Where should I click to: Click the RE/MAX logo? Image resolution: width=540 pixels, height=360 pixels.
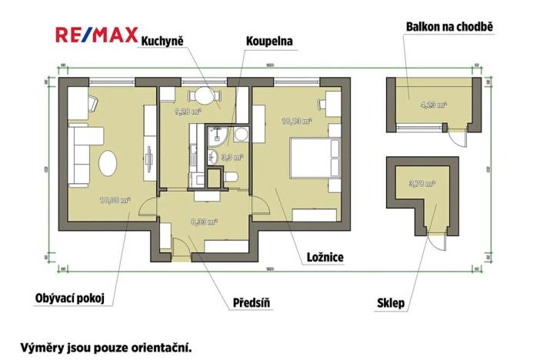click(96, 35)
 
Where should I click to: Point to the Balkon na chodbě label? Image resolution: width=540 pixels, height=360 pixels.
click(448, 27)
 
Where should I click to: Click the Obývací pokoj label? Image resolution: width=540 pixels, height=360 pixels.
click(69, 298)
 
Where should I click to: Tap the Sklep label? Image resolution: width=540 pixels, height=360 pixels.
click(392, 302)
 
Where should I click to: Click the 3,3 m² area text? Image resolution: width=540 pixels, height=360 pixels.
click(232, 157)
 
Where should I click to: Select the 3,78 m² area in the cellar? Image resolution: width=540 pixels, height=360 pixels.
click(422, 183)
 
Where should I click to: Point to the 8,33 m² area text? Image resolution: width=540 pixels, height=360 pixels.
click(204, 222)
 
